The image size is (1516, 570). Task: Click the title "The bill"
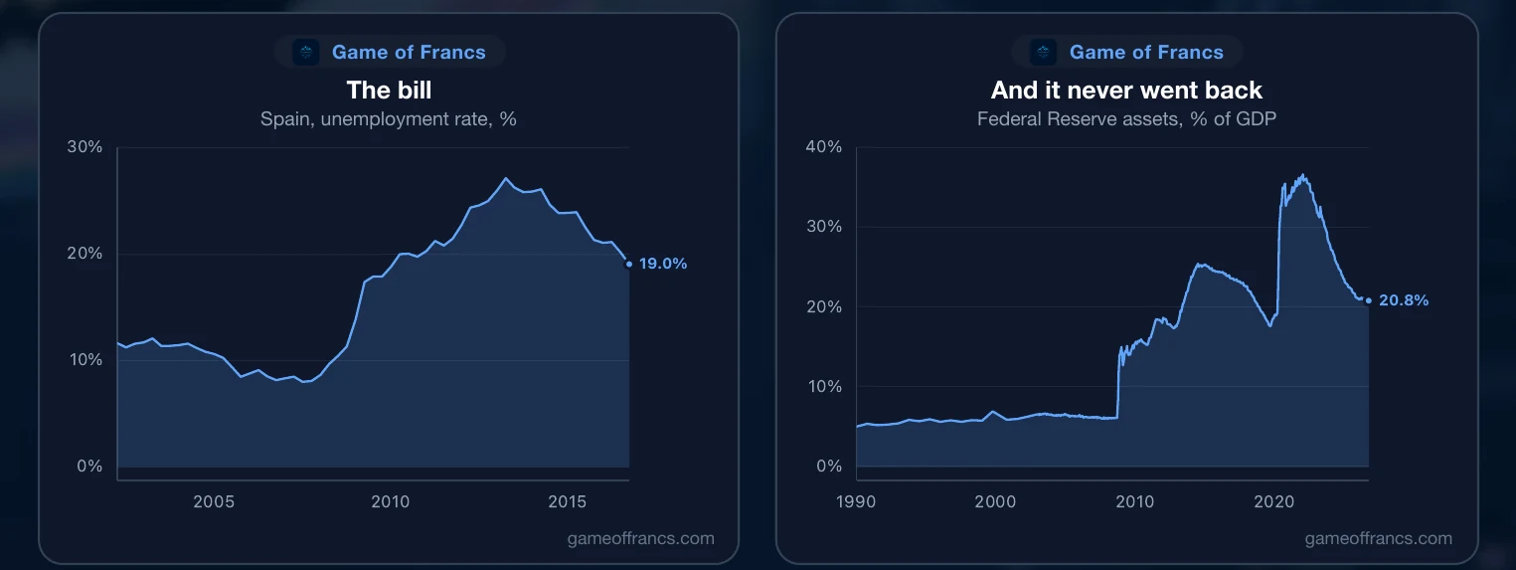pos(389,91)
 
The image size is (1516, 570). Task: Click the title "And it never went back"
pos(1126,91)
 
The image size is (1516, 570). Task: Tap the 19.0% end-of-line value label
pos(663,264)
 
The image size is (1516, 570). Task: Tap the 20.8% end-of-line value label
pos(1404,299)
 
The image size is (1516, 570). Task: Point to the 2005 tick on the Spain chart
pos(214,501)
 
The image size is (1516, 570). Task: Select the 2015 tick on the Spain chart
pos(568,501)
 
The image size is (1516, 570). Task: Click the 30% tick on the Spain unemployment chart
pos(84,147)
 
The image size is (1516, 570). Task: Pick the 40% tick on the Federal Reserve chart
pos(824,147)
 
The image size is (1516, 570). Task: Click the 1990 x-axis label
pos(856,501)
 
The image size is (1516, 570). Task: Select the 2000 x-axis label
pos(995,501)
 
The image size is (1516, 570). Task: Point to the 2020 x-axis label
pos(1273,501)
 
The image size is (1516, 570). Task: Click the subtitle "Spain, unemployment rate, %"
pos(389,119)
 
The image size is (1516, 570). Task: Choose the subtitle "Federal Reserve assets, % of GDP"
pos(1126,119)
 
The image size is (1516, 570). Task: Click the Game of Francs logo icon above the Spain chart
pos(306,52)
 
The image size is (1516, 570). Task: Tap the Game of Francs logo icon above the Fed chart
pos(1043,52)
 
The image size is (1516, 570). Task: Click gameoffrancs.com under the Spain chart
pos(641,538)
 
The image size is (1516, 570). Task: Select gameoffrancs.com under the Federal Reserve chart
pos(1379,538)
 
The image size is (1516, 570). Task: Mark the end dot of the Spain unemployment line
pos(628,264)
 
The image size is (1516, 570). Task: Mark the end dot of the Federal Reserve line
pos(1369,300)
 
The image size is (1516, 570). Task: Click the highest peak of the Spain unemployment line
pos(505,179)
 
